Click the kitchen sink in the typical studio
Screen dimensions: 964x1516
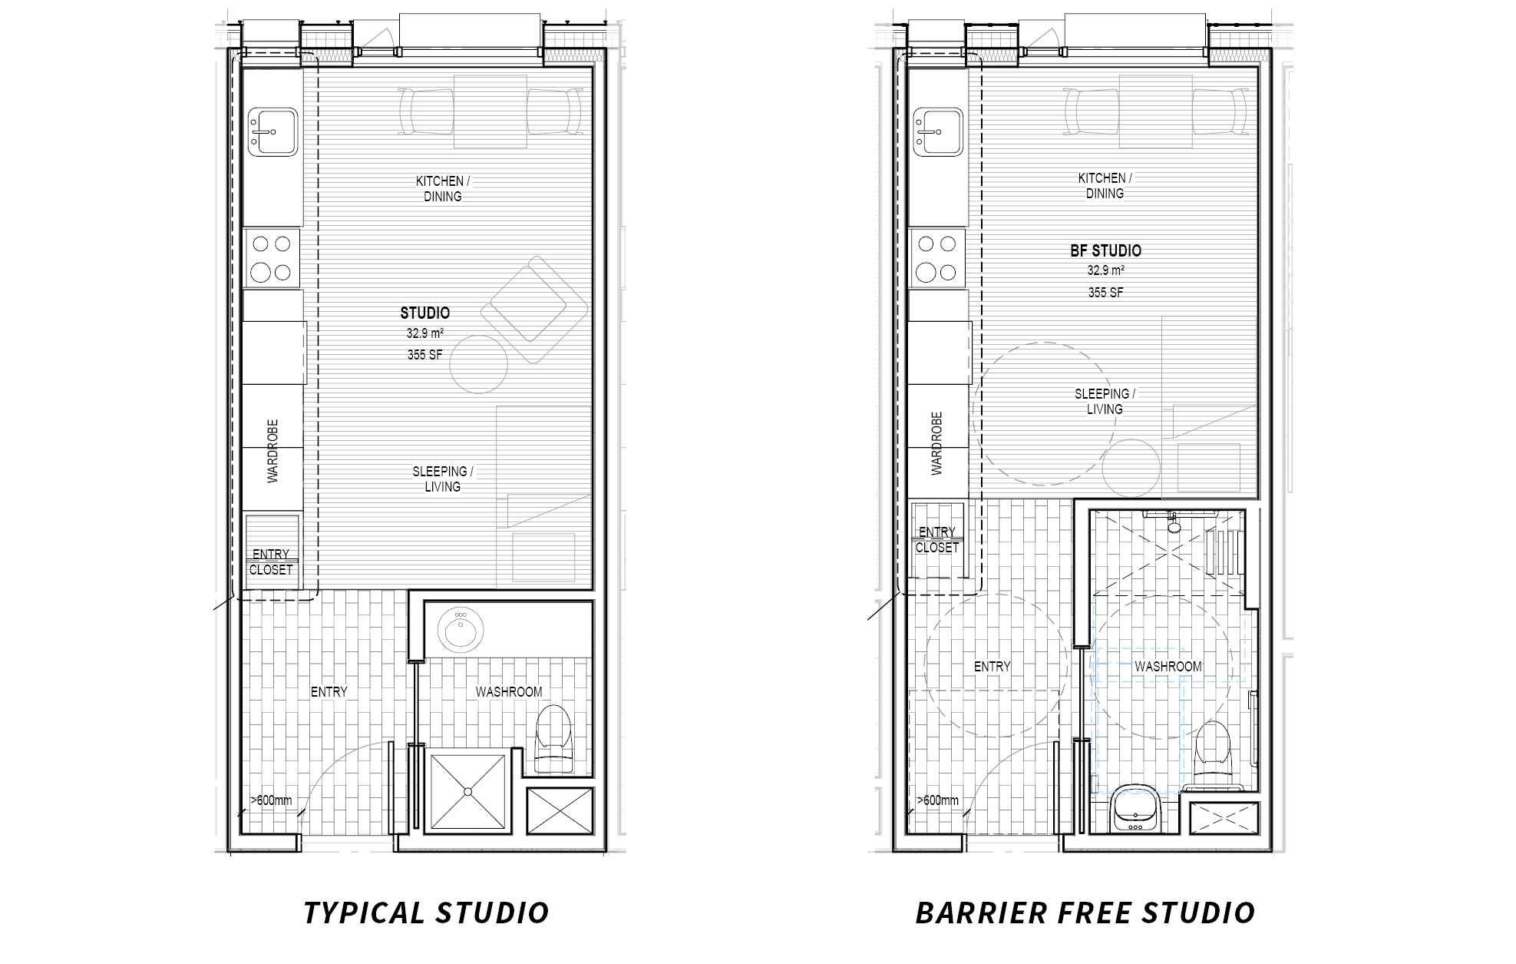[x=272, y=132]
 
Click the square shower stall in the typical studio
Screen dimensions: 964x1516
[x=467, y=791]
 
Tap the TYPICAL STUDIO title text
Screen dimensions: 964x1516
[x=426, y=913]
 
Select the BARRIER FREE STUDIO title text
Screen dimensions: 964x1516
[x=1085, y=913]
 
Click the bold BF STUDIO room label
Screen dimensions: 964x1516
[x=1105, y=250]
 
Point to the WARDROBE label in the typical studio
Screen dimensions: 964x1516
[x=273, y=451]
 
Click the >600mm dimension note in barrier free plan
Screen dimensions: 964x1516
[x=938, y=800]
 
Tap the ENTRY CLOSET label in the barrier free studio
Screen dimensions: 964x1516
[x=937, y=539]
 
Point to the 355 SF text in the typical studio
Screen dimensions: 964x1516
[x=424, y=355]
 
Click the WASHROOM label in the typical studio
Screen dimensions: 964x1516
[x=508, y=691]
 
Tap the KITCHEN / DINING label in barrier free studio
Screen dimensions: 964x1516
[x=1105, y=186]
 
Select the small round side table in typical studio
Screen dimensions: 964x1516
[x=478, y=365]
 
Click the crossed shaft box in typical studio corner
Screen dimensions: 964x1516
[x=560, y=811]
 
